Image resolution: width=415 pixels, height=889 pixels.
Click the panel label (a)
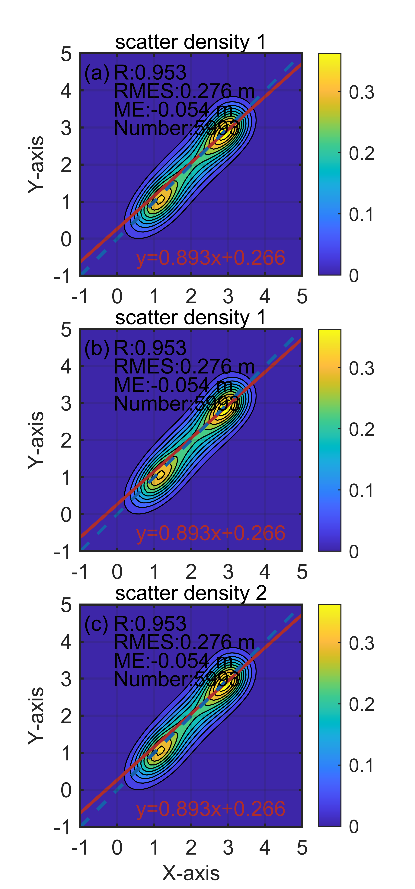point(97,73)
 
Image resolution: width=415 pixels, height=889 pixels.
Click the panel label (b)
point(97,349)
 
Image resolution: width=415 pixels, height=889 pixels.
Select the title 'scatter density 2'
point(191,593)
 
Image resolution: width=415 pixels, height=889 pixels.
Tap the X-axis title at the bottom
point(191,873)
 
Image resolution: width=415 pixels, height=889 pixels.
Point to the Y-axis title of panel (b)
point(36,440)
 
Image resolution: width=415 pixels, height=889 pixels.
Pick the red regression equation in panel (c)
point(211,809)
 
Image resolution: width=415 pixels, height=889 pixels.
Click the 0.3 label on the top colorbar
point(361,92)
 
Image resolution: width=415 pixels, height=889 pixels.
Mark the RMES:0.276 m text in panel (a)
point(184,91)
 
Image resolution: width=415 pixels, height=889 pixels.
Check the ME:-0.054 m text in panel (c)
point(173,661)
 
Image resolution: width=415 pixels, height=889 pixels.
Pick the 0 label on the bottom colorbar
point(354,827)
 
